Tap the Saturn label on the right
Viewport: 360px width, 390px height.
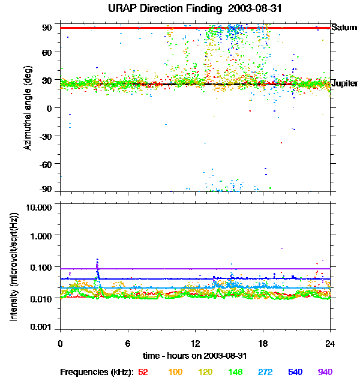[344, 28]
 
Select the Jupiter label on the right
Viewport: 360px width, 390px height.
[344, 83]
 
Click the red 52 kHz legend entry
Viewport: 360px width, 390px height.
[143, 372]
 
